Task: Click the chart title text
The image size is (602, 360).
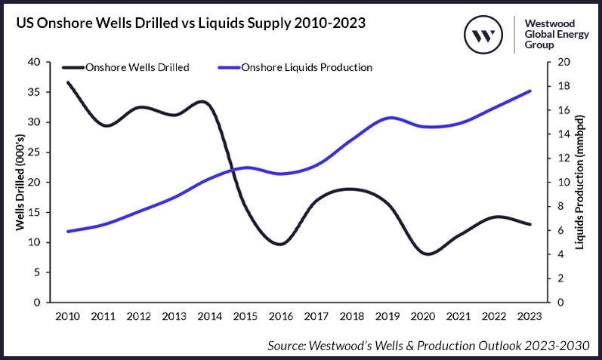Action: click(x=190, y=23)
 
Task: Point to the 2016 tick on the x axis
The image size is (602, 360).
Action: click(x=280, y=315)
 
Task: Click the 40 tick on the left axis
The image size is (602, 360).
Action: click(x=33, y=62)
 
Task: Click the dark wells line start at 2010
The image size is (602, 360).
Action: click(x=68, y=82)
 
